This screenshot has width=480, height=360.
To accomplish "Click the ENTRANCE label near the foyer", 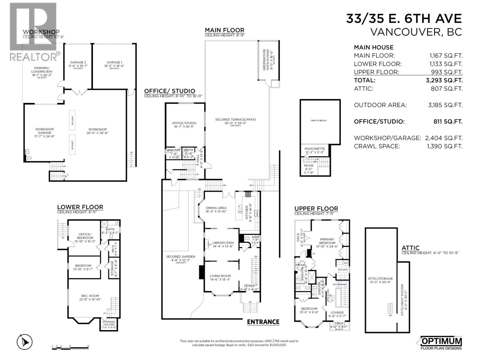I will (263, 322).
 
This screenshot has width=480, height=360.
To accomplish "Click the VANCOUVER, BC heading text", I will (416, 32).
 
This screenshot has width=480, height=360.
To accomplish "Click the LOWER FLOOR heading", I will (80, 207).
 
